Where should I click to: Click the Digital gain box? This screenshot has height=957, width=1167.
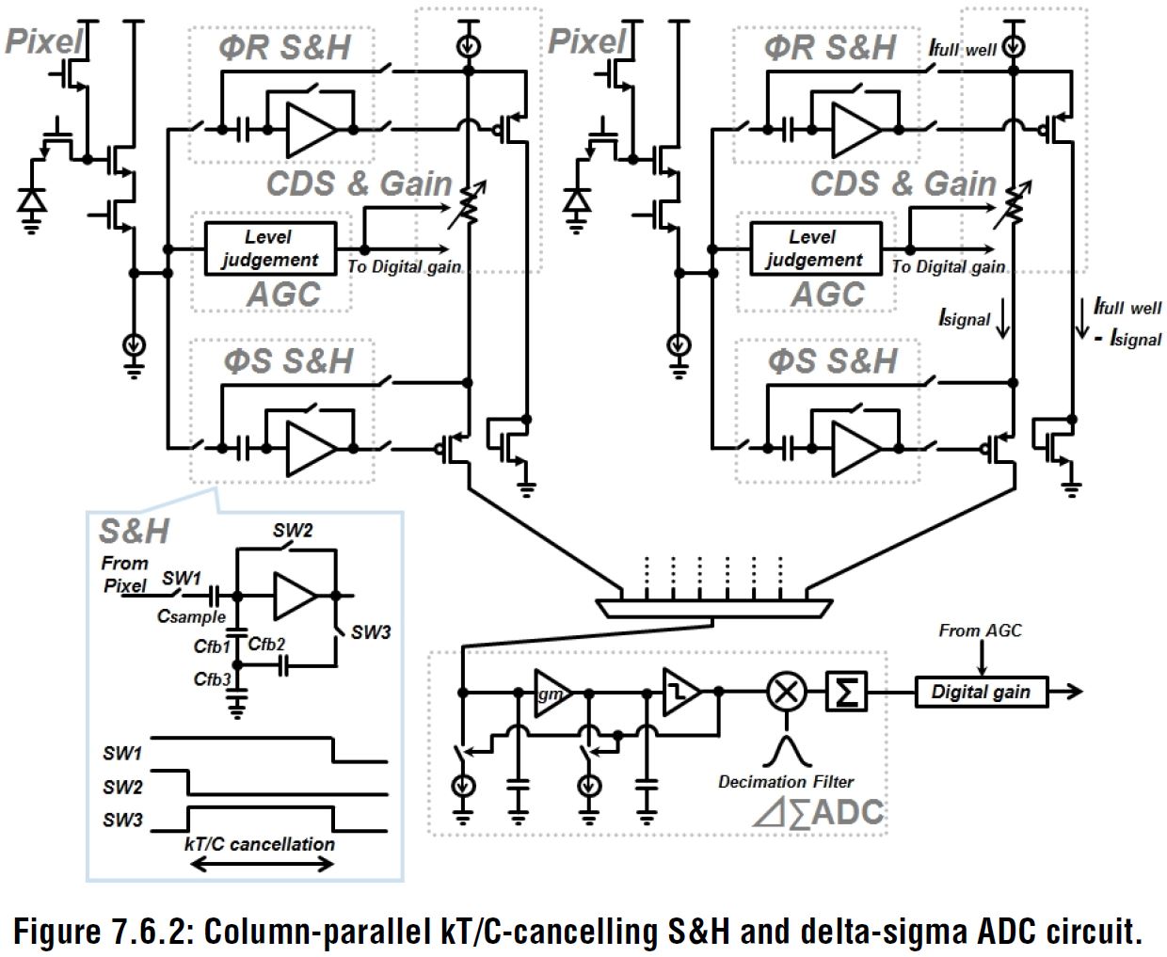[981, 693]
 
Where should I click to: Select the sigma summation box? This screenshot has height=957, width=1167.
[847, 693]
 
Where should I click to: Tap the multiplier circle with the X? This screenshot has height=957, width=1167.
[787, 693]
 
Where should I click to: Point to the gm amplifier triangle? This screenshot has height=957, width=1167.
[551, 693]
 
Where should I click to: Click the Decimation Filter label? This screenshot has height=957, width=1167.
[786, 782]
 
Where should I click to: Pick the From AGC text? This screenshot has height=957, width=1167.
[980, 630]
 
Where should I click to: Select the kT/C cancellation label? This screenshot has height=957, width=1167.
[259, 844]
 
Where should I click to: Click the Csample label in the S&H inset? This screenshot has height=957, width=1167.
[191, 617]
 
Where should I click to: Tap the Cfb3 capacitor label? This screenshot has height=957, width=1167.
[212, 679]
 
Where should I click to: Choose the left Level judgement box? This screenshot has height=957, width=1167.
[269, 248]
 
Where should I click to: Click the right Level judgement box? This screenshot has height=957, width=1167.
[814, 248]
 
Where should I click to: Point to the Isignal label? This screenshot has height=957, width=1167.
[965, 318]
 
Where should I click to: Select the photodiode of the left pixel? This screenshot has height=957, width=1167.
[33, 201]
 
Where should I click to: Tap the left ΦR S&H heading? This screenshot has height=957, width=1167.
[285, 47]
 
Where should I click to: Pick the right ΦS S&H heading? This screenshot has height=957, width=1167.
[831, 361]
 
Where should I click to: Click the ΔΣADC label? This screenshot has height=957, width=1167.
[819, 812]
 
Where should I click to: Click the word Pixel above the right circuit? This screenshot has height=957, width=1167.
[586, 41]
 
